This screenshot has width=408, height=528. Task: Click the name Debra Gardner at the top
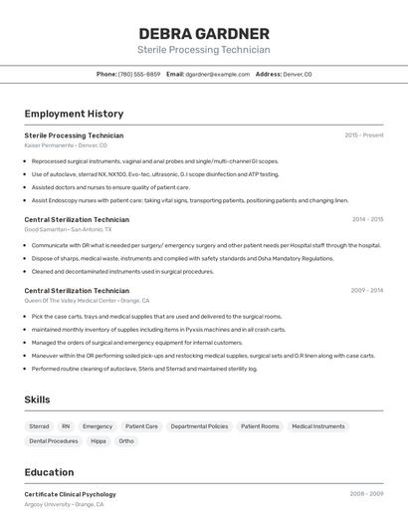[x=204, y=33]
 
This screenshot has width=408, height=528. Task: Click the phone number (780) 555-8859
[x=139, y=74]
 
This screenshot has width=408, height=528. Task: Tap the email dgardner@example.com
[x=217, y=74]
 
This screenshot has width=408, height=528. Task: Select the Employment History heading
[x=74, y=114]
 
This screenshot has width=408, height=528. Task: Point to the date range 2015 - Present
[x=364, y=134]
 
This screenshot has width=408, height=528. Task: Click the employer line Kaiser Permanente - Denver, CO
[x=66, y=145]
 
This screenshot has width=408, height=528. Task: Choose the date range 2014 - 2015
[x=367, y=219]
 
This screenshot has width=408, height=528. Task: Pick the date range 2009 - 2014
[x=367, y=290]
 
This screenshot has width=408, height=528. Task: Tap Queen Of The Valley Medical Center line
[x=87, y=300]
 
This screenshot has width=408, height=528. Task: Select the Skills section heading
[x=38, y=399]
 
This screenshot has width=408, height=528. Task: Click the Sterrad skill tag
[x=40, y=425]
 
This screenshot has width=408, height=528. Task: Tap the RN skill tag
[x=66, y=425]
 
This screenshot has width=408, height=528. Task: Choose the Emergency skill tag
[x=98, y=425]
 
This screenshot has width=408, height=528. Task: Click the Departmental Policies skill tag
[x=199, y=425]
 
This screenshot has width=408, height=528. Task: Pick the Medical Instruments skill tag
[x=318, y=425]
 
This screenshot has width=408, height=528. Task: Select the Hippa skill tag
[x=99, y=440]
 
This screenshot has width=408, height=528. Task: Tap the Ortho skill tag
[x=126, y=440]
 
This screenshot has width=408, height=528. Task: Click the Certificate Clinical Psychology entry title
[x=70, y=494]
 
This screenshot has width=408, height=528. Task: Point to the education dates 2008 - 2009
[x=366, y=493]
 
